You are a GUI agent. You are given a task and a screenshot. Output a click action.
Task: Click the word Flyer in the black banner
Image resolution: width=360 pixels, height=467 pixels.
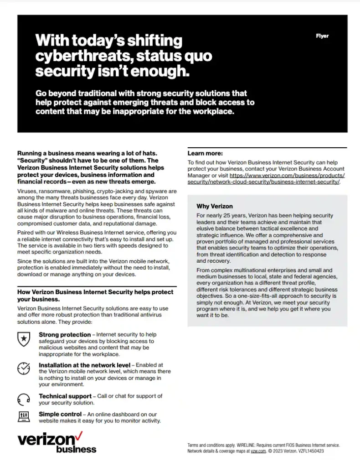(x=322, y=36)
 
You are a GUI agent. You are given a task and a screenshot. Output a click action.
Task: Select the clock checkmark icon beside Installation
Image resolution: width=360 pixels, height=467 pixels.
(x=23, y=368)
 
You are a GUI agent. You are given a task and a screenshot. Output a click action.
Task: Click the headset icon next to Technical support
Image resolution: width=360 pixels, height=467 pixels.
(x=23, y=399)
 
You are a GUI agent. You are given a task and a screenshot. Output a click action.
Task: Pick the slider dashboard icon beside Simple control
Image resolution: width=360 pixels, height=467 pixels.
(x=23, y=416)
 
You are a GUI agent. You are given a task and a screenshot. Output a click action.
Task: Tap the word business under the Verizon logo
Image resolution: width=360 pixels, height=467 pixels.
(x=76, y=449)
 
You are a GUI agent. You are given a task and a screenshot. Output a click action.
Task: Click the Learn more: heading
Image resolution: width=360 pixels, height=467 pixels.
(x=205, y=153)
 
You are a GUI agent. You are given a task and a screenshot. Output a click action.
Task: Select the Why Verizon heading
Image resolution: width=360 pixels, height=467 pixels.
(x=215, y=206)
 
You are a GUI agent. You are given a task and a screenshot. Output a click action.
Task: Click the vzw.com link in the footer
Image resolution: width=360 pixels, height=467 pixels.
(x=258, y=451)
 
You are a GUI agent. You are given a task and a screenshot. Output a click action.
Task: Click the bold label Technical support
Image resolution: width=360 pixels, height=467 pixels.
(x=65, y=396)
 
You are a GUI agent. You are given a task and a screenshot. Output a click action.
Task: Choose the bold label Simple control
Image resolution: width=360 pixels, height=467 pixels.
(x=60, y=414)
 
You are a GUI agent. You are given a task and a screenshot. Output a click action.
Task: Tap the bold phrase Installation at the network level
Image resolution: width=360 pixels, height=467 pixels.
(x=84, y=365)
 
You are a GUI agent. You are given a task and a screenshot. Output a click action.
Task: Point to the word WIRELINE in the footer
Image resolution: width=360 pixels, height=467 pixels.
(x=246, y=445)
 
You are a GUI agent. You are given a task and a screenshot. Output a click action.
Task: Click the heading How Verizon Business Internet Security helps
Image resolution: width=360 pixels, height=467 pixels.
(x=95, y=292)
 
